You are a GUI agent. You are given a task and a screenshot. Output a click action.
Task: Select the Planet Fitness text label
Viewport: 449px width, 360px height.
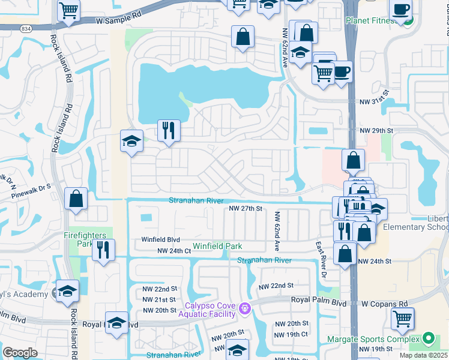pyautogui.click(x=370, y=20)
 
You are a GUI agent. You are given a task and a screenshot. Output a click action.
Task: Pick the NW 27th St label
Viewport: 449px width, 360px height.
pyautogui.click(x=246, y=208)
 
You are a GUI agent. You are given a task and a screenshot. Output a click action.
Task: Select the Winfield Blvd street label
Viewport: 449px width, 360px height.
pyautogui.click(x=160, y=239)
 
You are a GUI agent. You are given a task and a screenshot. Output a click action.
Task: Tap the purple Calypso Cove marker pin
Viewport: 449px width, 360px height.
pyautogui.click(x=244, y=309)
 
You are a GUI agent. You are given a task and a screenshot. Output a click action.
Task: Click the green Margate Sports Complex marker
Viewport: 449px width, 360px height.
pyautogui.click(x=428, y=338)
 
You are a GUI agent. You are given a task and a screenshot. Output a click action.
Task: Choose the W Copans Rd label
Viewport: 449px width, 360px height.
pyautogui.click(x=380, y=304)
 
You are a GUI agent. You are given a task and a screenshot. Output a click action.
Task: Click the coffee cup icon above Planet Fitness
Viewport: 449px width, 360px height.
pyautogui.click(x=400, y=10)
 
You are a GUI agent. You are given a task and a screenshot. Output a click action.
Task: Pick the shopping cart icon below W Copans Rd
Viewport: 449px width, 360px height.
pyautogui.click(x=403, y=318)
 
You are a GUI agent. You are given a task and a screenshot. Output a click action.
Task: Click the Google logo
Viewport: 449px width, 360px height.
pyautogui.click(x=20, y=353)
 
